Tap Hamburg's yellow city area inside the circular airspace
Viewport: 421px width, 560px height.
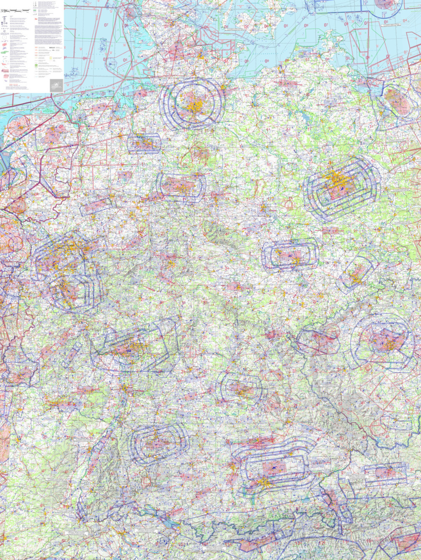point(194,103)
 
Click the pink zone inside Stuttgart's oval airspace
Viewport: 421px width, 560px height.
point(156,443)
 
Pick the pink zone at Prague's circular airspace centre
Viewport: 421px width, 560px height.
point(385,339)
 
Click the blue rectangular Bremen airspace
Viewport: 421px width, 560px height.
point(144,144)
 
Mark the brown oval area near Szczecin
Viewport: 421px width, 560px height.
point(396,101)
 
